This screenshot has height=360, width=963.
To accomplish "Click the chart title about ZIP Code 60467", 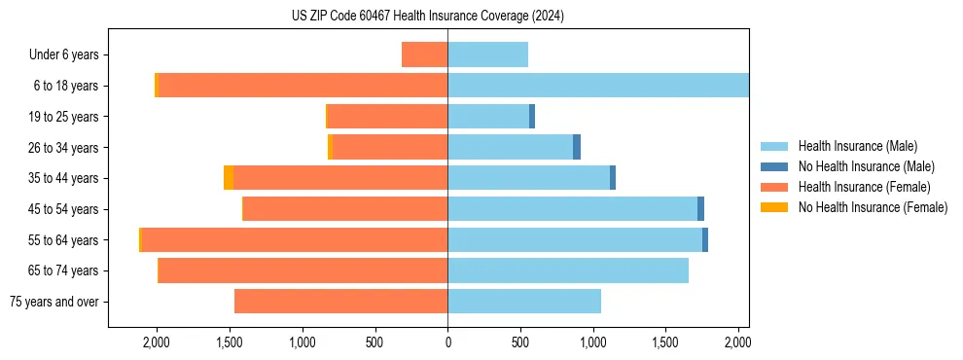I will pyautogui.click(x=428, y=17).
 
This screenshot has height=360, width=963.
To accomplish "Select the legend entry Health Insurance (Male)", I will pyautogui.click(x=857, y=146).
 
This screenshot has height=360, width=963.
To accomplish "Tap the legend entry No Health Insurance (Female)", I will pyautogui.click(x=873, y=207).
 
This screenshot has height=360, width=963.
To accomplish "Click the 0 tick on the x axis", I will pyautogui.click(x=447, y=342).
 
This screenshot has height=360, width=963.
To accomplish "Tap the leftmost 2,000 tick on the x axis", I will pyautogui.click(x=157, y=342).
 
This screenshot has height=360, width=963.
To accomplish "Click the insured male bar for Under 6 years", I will pyautogui.click(x=487, y=54).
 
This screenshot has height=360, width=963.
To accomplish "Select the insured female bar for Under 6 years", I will pyautogui.click(x=424, y=54).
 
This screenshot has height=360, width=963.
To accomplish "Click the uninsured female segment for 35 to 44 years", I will pyautogui.click(x=229, y=178).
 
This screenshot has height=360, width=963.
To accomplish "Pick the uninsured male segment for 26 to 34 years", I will pyautogui.click(x=577, y=147).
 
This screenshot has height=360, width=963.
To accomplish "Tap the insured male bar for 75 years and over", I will pyautogui.click(x=524, y=302).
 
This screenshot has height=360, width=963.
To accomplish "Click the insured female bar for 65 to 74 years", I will pyautogui.click(x=303, y=270).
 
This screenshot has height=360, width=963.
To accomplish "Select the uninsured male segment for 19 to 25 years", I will pyautogui.click(x=532, y=117).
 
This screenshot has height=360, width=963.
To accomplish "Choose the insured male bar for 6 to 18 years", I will pyautogui.click(x=598, y=86).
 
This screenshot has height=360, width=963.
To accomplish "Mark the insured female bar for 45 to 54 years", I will pyautogui.click(x=345, y=209).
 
